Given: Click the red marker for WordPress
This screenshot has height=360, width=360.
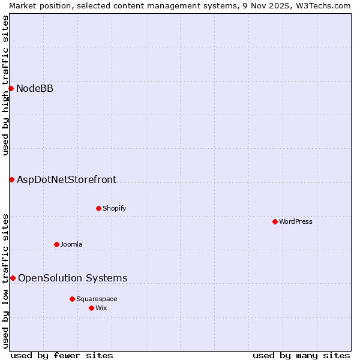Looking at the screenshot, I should pyautogui.click(x=275, y=221).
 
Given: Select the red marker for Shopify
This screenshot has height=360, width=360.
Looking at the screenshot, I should pyautogui.click(x=98, y=208).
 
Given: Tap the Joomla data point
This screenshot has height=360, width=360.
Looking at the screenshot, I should pyautogui.click(x=56, y=244).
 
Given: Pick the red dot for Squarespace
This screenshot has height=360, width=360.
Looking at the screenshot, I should pyautogui.click(x=72, y=299).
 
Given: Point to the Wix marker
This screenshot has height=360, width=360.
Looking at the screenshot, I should pyautogui.click(x=91, y=308).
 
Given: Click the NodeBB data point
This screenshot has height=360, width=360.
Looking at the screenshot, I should pyautogui.click(x=11, y=88).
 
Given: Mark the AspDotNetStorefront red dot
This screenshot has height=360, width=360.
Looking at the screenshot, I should pyautogui.click(x=11, y=179).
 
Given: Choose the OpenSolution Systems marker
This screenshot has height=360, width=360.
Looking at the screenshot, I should pyautogui.click(x=13, y=278).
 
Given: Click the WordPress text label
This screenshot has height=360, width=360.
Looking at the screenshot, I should pyautogui.click(x=296, y=221).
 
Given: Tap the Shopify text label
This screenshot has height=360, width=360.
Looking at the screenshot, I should pyautogui.click(x=114, y=208).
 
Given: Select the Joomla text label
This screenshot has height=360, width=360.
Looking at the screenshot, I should pyautogui.click(x=71, y=244).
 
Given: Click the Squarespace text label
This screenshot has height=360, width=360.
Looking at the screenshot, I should pyautogui.click(x=97, y=299).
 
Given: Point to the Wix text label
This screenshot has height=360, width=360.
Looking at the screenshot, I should pyautogui.click(x=101, y=308).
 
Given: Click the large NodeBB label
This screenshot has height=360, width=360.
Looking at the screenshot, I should pyautogui.click(x=35, y=89).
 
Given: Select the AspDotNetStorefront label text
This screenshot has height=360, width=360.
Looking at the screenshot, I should pyautogui.click(x=67, y=179).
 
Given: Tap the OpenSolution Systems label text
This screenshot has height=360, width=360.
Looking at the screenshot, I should pyautogui.click(x=73, y=278).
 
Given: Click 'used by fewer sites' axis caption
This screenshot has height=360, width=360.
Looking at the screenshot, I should pyautogui.click(x=62, y=355).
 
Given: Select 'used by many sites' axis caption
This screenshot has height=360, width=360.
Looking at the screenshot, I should pyautogui.click(x=301, y=355).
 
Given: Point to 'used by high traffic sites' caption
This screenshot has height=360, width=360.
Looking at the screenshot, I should pyautogui.click(x=5, y=85).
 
